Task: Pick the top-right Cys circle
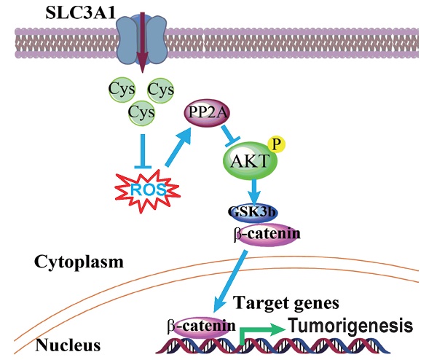point(160,91)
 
